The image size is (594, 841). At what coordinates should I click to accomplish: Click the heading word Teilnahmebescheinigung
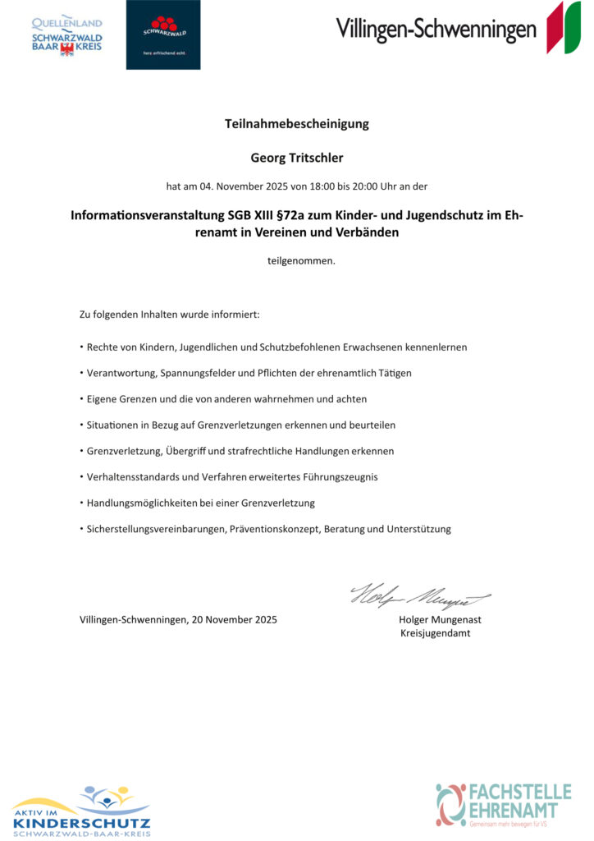click(x=297, y=124)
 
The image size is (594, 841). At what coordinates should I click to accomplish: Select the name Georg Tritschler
click(x=297, y=156)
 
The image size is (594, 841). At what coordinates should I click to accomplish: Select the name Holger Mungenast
click(x=440, y=619)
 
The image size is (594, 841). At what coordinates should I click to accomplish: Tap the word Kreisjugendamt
click(x=435, y=633)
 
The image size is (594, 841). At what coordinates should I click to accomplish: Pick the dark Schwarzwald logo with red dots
click(x=163, y=34)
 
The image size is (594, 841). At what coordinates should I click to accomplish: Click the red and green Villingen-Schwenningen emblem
click(x=564, y=28)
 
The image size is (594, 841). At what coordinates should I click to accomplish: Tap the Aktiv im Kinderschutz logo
click(x=81, y=811)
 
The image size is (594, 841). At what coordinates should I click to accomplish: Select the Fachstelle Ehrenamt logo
click(x=503, y=804)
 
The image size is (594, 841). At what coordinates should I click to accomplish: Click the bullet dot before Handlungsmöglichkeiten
click(x=81, y=503)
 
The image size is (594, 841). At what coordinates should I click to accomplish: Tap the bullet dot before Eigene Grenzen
click(x=81, y=398)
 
